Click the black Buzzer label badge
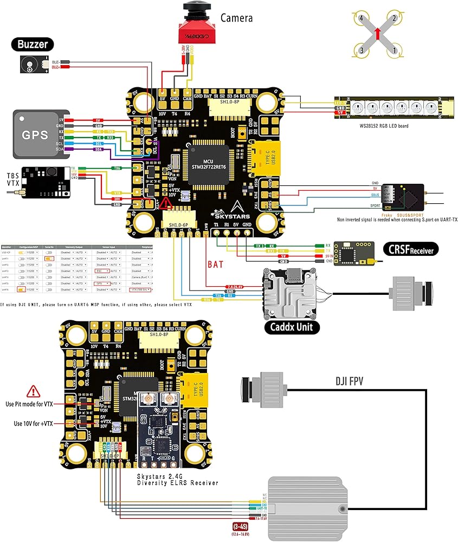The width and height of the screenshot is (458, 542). coord(33,44)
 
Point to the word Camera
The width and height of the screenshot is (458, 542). coord(236,18)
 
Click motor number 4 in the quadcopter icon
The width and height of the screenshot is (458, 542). coord(362,18)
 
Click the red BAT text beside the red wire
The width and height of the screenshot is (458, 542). coord(215,265)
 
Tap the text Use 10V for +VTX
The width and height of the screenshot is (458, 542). coord(34,423)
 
